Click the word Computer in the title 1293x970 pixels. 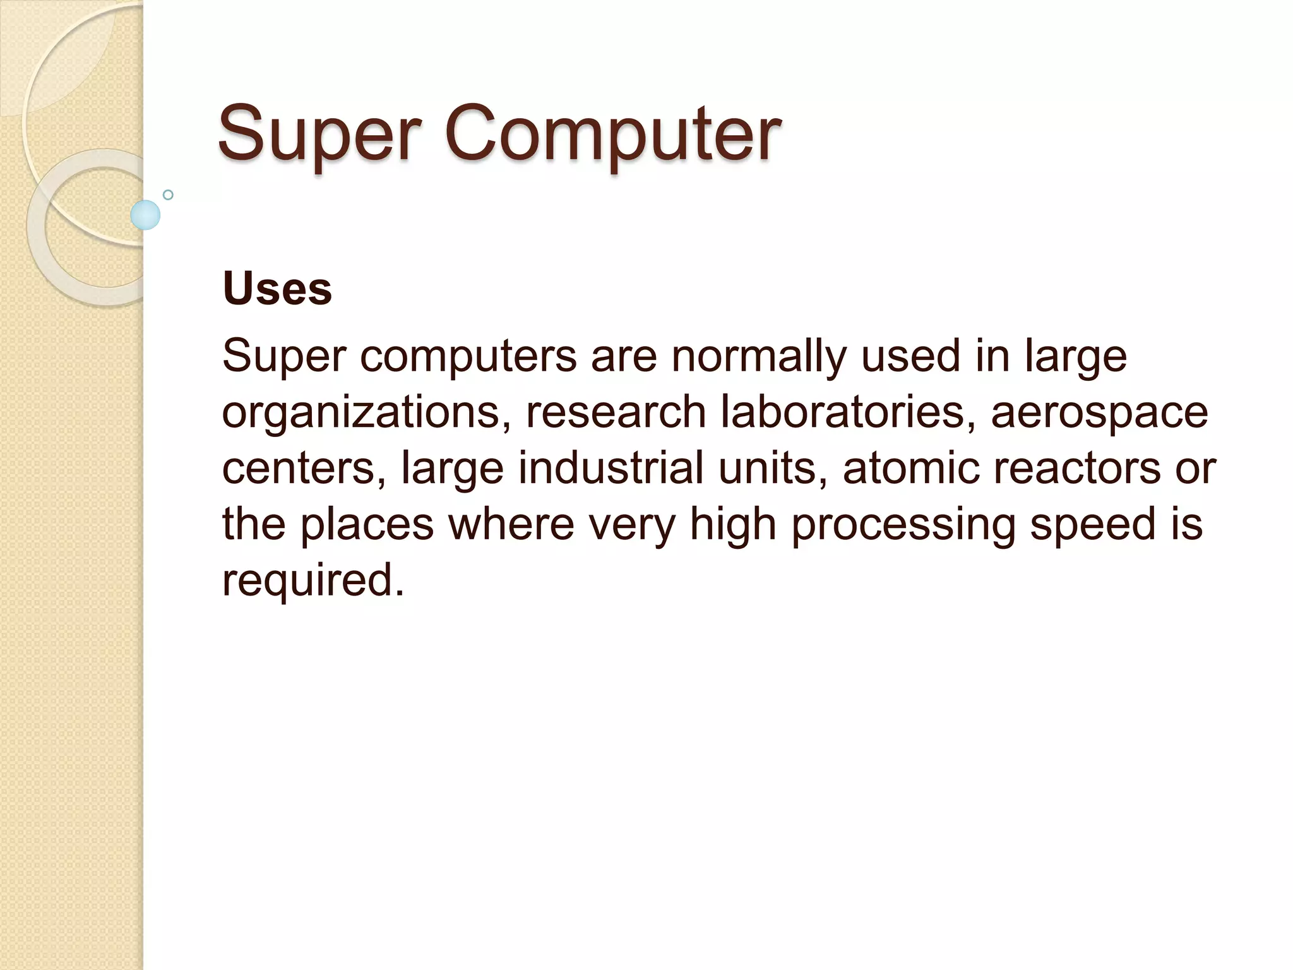pos(612,134)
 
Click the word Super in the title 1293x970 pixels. pos(319,134)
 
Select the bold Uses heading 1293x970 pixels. pos(277,289)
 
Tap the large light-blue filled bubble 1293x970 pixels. pos(145,215)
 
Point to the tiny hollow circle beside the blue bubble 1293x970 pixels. pos(168,195)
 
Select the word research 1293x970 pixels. pos(616,412)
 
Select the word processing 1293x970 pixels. pos(903,525)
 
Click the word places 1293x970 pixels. pos(366,525)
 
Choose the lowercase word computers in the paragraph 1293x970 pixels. pos(468,357)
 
